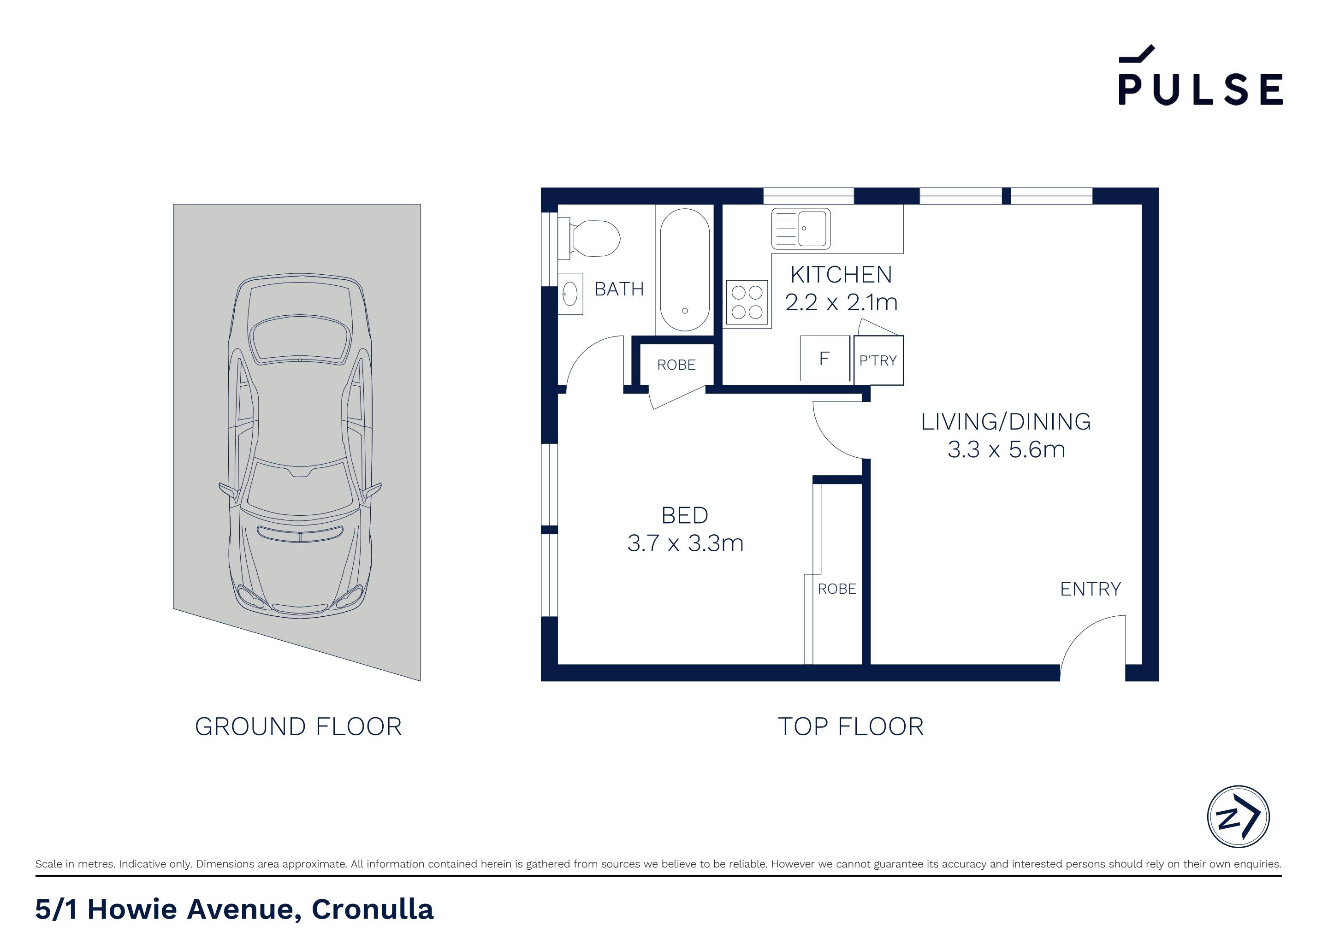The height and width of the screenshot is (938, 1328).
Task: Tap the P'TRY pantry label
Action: point(877,361)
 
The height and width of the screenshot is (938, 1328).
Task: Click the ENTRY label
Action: point(1090,589)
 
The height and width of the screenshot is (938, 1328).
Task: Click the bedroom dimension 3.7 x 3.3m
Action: point(685,543)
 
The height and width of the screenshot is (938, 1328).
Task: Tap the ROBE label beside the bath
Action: point(676,365)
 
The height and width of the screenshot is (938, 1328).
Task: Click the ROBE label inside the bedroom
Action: point(836,589)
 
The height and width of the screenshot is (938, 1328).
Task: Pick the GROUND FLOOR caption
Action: point(298,727)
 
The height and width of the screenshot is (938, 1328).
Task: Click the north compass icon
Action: point(1239,817)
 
